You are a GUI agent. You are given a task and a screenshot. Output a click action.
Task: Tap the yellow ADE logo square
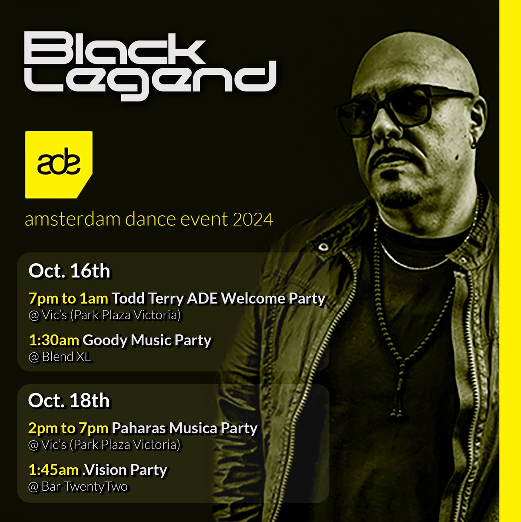tap(59, 164)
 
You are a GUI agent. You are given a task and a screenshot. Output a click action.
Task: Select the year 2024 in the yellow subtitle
tap(252, 219)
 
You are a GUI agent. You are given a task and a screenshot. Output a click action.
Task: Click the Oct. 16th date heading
tap(69, 271)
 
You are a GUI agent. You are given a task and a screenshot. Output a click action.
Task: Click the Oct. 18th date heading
tap(69, 401)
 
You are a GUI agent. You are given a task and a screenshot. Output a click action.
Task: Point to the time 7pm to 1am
tap(68, 298)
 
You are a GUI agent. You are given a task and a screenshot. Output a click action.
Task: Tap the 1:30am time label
tap(54, 340)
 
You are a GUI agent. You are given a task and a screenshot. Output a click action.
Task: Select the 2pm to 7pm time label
tap(68, 428)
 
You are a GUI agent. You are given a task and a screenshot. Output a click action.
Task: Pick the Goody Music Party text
tap(147, 340)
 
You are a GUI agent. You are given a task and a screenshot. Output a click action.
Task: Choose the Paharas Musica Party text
tap(185, 428)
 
